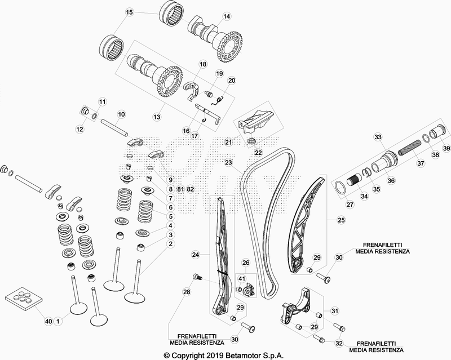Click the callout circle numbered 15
click(129, 12)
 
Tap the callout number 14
click(227, 16)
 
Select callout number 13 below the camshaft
click(157, 117)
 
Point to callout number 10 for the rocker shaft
click(121, 114)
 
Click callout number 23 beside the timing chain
click(228, 162)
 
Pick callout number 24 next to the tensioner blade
click(196, 255)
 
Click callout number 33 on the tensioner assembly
click(377, 137)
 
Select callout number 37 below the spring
click(419, 164)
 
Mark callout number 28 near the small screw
click(187, 292)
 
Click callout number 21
click(229, 142)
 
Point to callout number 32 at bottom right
click(339, 343)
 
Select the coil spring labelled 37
click(412, 150)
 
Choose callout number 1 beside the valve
click(58, 321)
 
